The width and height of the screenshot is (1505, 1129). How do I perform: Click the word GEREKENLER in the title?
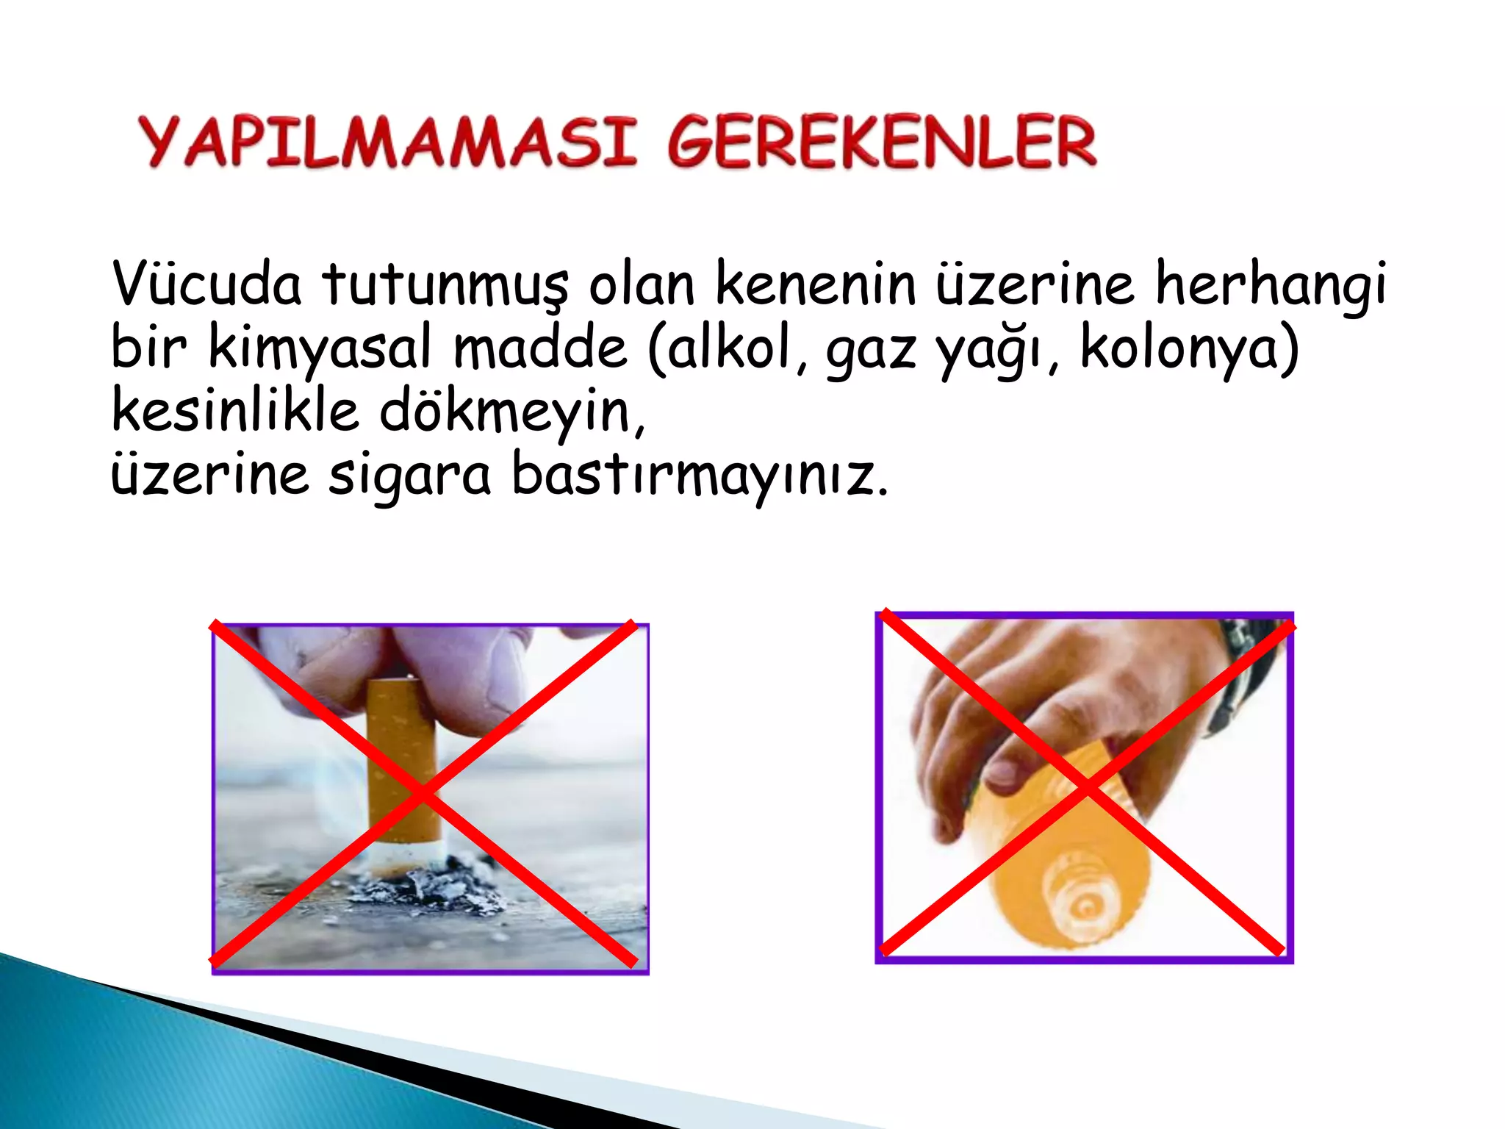(882, 141)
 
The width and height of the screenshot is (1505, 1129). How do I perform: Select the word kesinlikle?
(235, 411)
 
